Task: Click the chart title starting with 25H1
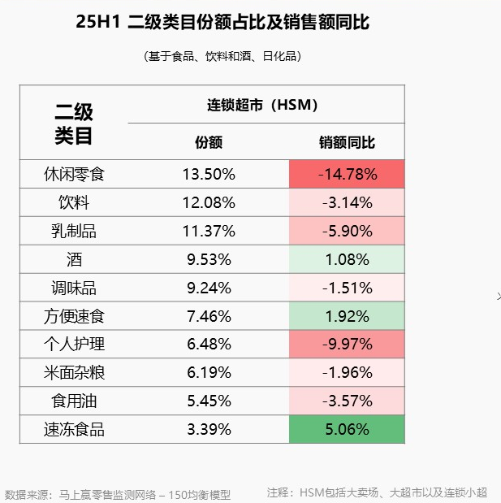pyautogui.click(x=222, y=23)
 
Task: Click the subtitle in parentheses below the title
pyautogui.click(x=222, y=56)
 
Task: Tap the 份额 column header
pyautogui.click(x=209, y=143)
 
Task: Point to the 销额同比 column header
pyautogui.click(x=347, y=143)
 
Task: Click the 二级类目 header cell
pyautogui.click(x=74, y=124)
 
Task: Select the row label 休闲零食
pyautogui.click(x=74, y=174)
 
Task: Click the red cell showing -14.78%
pyautogui.click(x=347, y=174)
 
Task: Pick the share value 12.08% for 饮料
pyautogui.click(x=209, y=202)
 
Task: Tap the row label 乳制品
pyautogui.click(x=74, y=231)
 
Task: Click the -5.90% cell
pyautogui.click(x=347, y=231)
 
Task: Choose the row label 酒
pyautogui.click(x=74, y=259)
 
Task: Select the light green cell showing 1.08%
pyautogui.click(x=347, y=259)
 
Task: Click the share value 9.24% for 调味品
pyautogui.click(x=209, y=288)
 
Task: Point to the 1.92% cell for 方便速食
pyautogui.click(x=347, y=316)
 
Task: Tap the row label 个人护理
pyautogui.click(x=74, y=345)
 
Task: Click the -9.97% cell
pyautogui.click(x=347, y=345)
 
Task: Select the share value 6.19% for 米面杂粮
pyautogui.click(x=209, y=373)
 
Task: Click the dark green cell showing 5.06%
pyautogui.click(x=347, y=430)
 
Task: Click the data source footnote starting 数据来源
pyautogui.click(x=118, y=493)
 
